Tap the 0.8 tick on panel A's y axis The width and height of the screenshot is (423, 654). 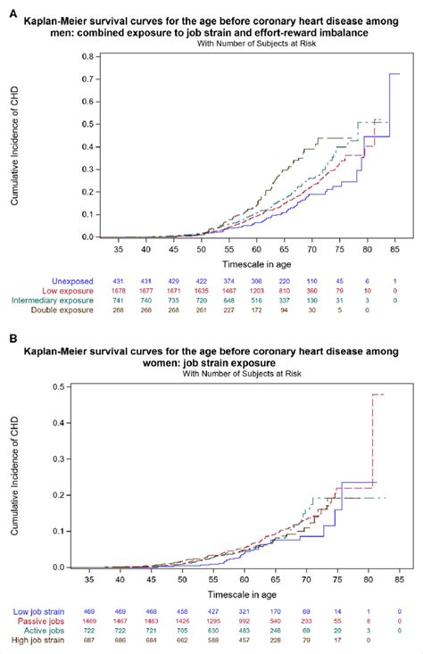coord(87,56)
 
